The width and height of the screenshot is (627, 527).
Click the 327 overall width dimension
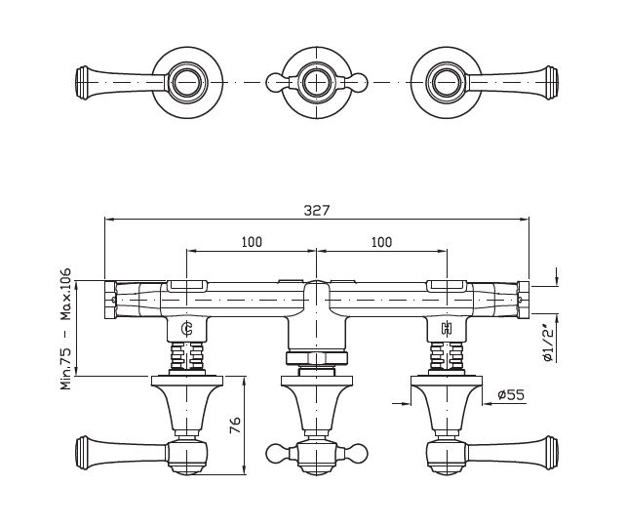coord(316,210)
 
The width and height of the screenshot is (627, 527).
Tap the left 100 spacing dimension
coord(252,242)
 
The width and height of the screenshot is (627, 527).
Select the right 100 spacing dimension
coord(382,242)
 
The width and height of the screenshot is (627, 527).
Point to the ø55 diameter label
coord(511,395)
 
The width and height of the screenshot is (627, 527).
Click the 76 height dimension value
coord(236,425)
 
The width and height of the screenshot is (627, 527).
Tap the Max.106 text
coord(66,294)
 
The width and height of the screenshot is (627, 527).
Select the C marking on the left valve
coord(187,329)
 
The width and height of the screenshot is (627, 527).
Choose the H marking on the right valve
coord(447,329)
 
